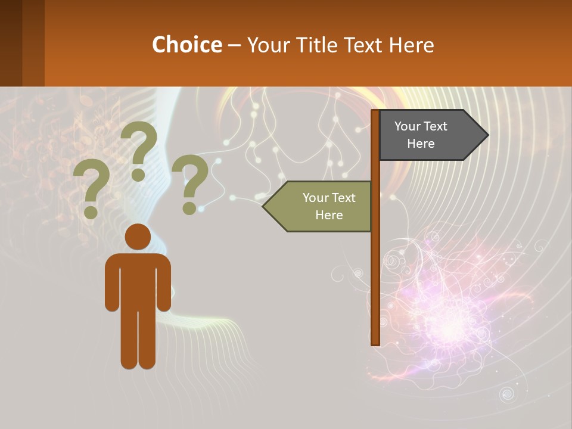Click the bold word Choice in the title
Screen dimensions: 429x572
(186, 45)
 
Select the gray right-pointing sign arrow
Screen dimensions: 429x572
(429, 135)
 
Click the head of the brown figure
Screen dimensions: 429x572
(138, 237)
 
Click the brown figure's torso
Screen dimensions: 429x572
(138, 280)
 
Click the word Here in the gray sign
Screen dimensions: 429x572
(421, 144)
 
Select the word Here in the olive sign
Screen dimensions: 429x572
(329, 215)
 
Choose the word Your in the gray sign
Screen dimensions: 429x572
(407, 126)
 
